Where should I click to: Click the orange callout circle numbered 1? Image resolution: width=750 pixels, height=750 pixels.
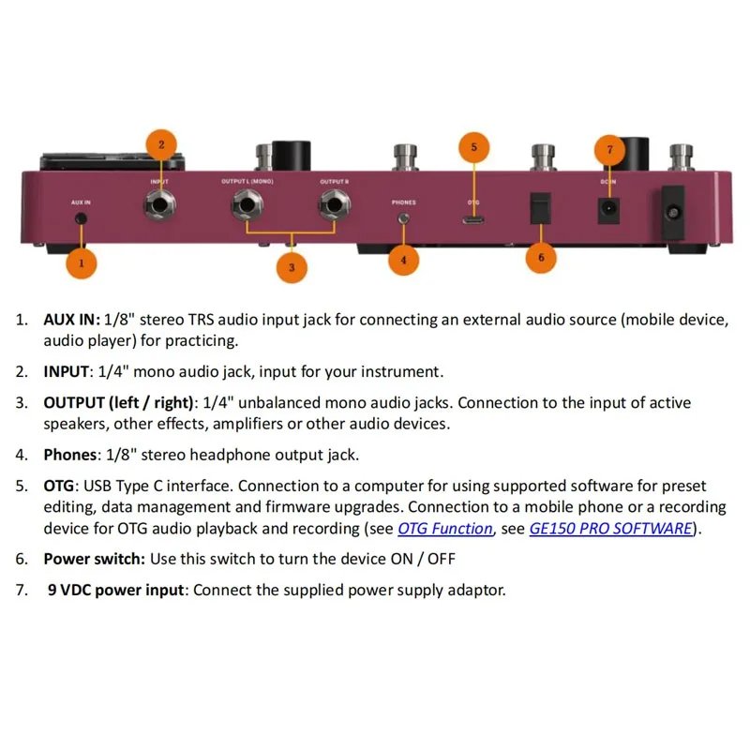tap(82, 263)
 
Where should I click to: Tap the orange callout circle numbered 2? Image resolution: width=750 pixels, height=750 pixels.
tap(161, 144)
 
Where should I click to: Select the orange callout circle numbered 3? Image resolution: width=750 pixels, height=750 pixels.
tap(292, 267)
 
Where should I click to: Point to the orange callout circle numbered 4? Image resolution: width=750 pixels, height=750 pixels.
tap(404, 261)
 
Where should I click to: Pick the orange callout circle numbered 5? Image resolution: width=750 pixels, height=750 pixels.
tap(474, 147)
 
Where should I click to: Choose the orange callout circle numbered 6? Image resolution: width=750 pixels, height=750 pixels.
tap(541, 257)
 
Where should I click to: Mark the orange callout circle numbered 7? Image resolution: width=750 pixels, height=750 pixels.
tap(610, 150)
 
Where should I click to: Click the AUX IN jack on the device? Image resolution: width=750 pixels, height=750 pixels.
tap(82, 218)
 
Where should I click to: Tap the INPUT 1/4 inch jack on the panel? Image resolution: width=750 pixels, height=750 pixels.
tap(159, 204)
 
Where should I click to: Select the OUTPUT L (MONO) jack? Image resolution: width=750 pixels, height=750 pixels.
tap(247, 204)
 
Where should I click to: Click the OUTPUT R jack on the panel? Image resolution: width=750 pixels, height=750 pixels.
tap(335, 204)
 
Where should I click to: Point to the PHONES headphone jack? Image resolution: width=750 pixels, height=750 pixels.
tap(404, 218)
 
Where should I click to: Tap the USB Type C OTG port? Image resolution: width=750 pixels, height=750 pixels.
tap(473, 220)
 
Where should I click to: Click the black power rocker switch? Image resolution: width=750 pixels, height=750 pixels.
tap(541, 208)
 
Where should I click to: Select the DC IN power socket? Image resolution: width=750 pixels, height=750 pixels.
tap(608, 210)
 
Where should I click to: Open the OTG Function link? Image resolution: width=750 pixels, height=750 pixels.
tap(444, 529)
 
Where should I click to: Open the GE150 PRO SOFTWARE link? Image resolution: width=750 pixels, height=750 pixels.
tap(611, 529)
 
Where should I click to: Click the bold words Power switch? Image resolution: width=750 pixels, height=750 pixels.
tap(95, 559)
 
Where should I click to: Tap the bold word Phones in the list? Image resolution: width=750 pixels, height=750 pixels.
tap(69, 455)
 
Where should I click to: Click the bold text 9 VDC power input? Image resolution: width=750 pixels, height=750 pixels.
tap(115, 590)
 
